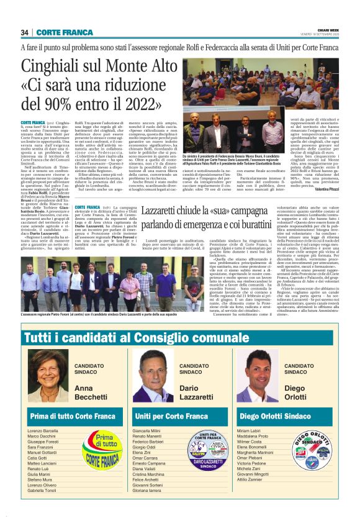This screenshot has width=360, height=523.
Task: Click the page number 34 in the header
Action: tap(25, 32)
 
